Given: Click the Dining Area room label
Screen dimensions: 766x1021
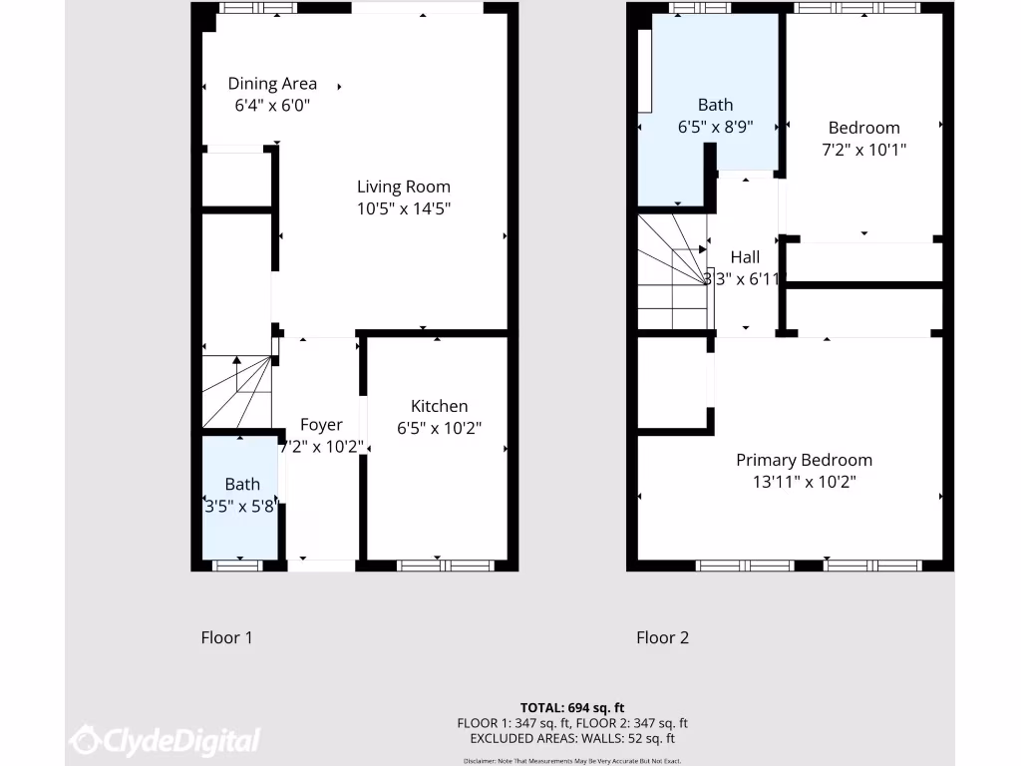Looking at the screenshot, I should point(272,84).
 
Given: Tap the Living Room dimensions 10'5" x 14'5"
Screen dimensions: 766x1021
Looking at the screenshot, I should point(404,208).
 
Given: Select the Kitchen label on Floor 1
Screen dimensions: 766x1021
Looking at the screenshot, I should point(439,406).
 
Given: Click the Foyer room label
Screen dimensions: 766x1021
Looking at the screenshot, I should point(321,425).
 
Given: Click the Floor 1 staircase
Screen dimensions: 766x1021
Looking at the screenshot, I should point(238,392).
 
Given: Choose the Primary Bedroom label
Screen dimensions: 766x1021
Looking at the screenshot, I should point(804,460).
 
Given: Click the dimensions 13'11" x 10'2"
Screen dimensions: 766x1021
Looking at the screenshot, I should point(804,482).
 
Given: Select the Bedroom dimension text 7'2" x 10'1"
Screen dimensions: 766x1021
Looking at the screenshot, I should point(863,150).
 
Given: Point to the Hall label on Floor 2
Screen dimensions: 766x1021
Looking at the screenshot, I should point(745,257).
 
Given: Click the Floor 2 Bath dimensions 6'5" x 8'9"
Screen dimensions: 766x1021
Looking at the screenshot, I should point(715,127).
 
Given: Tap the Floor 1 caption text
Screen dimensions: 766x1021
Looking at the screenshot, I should point(226,637).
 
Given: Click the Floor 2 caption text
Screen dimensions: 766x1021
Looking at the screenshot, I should point(662,637).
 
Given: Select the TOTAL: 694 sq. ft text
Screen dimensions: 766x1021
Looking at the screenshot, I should point(572,708).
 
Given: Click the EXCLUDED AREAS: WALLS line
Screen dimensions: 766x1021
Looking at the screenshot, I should point(572,739).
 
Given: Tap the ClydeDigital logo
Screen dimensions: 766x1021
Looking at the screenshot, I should point(166,740).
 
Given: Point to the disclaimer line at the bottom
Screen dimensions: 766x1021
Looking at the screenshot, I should point(572,760).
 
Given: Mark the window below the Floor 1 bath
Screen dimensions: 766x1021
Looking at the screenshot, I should point(238,566).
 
